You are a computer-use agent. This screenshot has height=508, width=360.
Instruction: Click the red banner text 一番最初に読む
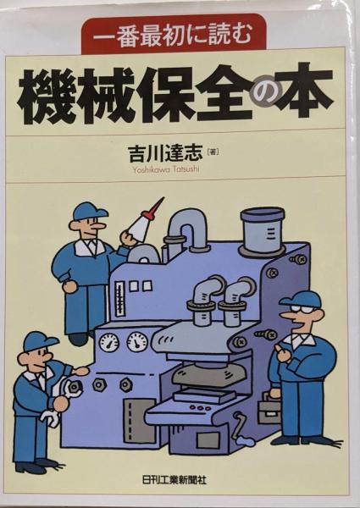tap(173, 35)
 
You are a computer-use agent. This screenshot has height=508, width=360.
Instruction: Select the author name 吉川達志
tap(165, 152)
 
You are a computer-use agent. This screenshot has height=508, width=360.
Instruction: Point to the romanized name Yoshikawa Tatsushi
tap(165, 168)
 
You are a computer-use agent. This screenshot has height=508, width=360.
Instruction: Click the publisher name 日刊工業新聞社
tap(174, 479)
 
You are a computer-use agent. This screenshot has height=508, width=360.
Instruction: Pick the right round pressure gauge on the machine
tap(136, 342)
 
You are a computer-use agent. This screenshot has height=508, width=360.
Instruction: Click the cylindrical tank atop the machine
tap(262, 229)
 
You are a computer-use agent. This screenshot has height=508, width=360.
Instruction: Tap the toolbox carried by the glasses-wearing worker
tap(269, 409)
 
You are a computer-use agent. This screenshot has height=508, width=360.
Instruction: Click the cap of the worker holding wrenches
tap(40, 341)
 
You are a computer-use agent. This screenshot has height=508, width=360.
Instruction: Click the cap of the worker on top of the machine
tap(89, 211)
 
